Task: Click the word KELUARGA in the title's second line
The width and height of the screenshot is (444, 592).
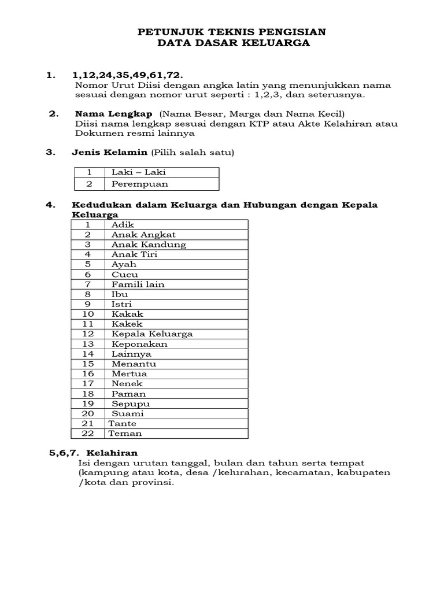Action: tap(273, 43)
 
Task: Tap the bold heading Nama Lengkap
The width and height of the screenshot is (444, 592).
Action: tap(113, 114)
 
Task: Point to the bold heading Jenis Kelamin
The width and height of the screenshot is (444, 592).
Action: tap(109, 153)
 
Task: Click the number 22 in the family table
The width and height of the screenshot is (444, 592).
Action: tap(88, 434)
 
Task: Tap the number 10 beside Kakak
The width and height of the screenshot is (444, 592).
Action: tap(88, 314)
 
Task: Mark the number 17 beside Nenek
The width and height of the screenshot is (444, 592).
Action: tap(88, 383)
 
